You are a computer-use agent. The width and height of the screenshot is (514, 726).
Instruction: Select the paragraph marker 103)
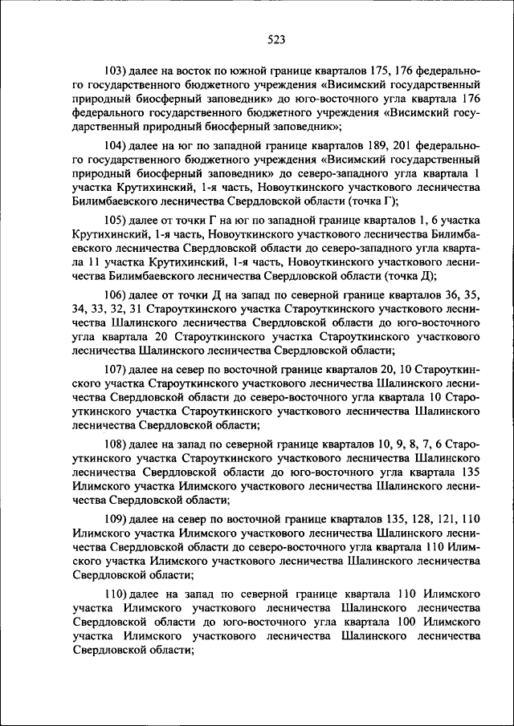pos(117,71)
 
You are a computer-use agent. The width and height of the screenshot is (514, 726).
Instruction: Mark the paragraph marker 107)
pos(117,371)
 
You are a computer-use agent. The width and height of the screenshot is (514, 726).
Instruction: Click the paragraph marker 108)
pos(117,444)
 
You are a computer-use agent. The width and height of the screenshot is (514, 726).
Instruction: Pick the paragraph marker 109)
pos(117,519)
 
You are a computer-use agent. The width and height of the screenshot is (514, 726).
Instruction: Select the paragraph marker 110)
pos(117,594)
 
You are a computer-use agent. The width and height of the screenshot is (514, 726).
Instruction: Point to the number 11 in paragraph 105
pos(92,262)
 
